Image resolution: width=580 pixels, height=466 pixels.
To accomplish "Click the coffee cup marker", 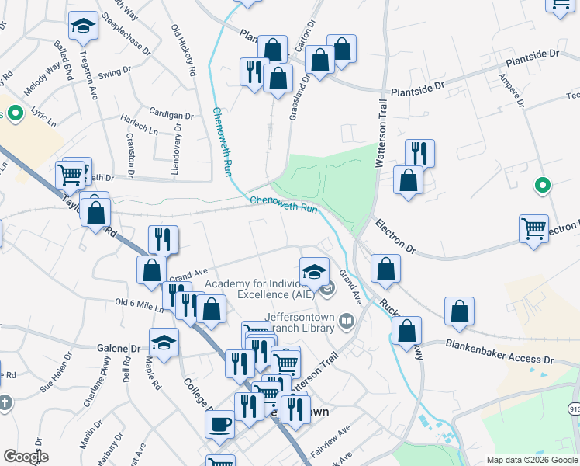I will point(219,424).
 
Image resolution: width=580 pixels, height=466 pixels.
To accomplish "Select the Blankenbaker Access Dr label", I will point(500,352).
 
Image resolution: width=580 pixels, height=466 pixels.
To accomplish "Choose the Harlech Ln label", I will point(137,126).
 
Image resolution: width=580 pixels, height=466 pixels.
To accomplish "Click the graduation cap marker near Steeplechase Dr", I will point(83,26).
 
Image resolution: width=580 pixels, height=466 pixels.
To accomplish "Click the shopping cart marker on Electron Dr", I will point(533,228).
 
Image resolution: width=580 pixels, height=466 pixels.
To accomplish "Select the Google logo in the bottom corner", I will point(26,457).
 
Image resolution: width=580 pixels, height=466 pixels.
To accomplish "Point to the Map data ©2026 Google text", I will point(531,460).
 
